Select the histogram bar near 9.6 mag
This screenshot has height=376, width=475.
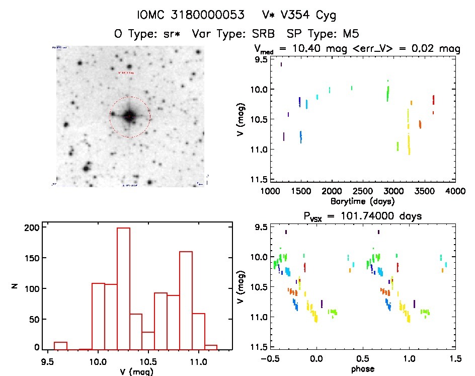(x=60, y=345)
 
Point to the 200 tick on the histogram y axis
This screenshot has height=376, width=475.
(x=31, y=228)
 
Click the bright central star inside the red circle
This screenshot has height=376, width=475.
(x=129, y=116)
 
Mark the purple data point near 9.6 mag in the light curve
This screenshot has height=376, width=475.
(x=281, y=64)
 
